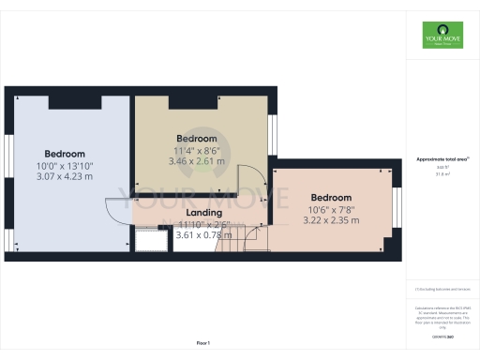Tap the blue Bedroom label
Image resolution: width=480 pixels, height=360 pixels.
click(65, 154)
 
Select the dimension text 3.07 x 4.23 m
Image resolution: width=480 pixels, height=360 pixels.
click(65, 175)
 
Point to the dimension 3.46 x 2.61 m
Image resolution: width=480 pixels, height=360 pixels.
click(197, 161)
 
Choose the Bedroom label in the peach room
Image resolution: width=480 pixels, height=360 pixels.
click(331, 198)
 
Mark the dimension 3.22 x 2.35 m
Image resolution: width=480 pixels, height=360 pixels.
click(331, 221)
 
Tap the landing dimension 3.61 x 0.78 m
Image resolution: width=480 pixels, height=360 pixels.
click(203, 235)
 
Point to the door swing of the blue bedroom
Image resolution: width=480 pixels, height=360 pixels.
click(117, 211)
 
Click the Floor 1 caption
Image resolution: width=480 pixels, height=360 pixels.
click(202, 345)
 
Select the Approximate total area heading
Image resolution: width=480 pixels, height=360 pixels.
click(441, 159)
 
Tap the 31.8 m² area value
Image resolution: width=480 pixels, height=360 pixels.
click(441, 174)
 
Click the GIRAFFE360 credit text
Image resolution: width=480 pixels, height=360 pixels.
click(441, 335)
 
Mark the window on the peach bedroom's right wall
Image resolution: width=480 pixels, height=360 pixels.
click(397, 210)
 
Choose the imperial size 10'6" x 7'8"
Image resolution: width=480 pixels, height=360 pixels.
click(331, 210)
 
